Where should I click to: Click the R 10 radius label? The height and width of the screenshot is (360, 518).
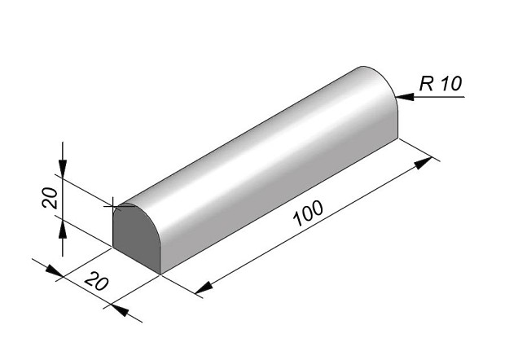coord(441,83)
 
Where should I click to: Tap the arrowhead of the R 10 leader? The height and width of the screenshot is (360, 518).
coord(405,97)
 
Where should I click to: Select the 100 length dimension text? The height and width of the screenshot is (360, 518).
coord(308,213)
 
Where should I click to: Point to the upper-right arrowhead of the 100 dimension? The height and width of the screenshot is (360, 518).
coord(424,163)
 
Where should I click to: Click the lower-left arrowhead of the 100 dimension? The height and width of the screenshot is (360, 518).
coord(204,288)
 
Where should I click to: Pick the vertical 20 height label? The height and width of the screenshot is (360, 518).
coord(50,197)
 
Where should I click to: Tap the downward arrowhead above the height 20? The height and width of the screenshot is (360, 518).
coord(63,168)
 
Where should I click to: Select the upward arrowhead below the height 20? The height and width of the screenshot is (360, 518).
coord(63,230)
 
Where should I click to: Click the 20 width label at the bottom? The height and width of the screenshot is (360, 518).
coord(96,281)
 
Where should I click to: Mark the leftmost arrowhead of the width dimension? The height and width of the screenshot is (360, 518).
coord(54,270)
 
